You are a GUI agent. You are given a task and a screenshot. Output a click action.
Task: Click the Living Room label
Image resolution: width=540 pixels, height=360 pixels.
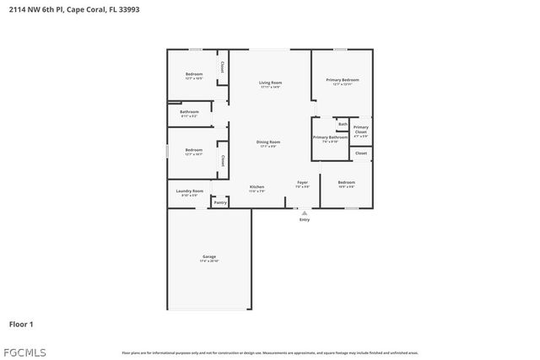point(270,82)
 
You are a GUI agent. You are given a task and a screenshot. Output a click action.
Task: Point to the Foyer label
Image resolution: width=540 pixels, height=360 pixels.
point(302,182)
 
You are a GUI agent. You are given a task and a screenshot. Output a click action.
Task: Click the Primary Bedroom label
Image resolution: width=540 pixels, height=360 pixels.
point(343,80)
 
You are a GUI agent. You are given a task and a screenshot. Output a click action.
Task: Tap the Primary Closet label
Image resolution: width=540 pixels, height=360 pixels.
point(360,130)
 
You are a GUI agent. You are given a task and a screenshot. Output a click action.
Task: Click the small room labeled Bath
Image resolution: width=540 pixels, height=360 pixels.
point(343,124)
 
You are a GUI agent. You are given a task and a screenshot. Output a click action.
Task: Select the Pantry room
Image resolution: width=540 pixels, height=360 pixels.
point(220,202)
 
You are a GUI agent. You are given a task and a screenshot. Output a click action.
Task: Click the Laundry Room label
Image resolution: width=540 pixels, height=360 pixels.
point(190,191)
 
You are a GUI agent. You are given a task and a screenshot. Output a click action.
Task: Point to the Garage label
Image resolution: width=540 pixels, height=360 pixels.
point(209,257)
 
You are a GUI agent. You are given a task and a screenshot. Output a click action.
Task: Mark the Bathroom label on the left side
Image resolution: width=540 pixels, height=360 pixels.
point(189,112)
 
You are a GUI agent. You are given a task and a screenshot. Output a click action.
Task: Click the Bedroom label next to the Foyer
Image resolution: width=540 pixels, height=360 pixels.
point(347,183)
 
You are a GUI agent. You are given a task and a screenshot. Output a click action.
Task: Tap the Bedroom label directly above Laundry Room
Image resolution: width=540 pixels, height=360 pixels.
point(194,150)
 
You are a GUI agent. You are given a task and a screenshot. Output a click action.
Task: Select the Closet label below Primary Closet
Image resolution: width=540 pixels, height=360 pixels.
point(360,153)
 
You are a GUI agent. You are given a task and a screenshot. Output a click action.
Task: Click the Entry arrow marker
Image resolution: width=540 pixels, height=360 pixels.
point(305,213)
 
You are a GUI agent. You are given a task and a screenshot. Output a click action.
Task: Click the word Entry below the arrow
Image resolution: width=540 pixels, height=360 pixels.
point(305,220)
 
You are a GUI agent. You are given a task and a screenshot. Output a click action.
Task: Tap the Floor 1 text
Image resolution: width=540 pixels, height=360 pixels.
point(21,324)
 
